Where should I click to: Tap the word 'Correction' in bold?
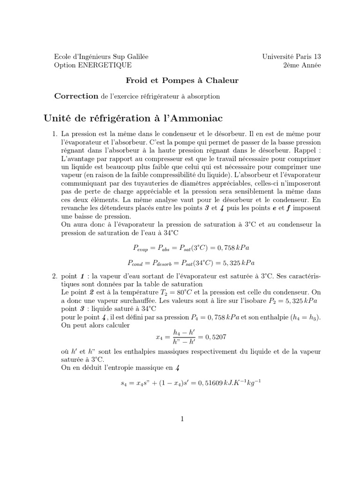(x=76, y=96)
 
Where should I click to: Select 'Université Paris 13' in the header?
(x=292, y=57)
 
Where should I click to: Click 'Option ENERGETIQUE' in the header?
(x=93, y=65)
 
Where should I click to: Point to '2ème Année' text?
(x=302, y=65)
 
